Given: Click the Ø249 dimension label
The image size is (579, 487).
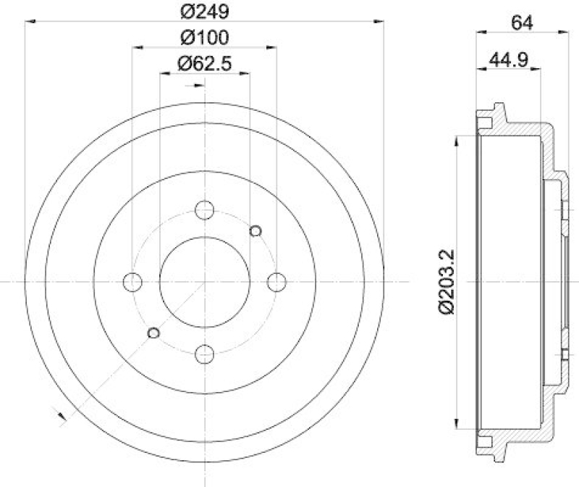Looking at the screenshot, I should [x=204, y=11].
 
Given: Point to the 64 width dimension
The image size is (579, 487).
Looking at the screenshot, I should [x=522, y=22].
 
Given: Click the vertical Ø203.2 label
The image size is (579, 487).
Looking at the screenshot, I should [x=447, y=280].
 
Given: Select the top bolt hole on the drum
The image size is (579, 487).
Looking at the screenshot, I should [x=205, y=210].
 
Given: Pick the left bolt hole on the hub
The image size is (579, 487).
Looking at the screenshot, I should [x=133, y=281].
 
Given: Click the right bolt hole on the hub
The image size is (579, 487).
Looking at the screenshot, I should [x=276, y=281].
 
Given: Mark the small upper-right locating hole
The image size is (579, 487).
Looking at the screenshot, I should [x=255, y=230].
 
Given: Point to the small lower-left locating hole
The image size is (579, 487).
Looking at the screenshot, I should [x=153, y=332].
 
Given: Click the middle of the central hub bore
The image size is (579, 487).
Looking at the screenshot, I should [x=205, y=281].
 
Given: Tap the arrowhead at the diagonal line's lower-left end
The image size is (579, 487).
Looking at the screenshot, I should [x=61, y=415].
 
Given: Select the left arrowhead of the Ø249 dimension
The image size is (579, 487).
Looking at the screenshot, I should [x=30, y=23].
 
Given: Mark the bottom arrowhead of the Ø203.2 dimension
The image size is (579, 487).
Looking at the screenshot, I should [x=456, y=426].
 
